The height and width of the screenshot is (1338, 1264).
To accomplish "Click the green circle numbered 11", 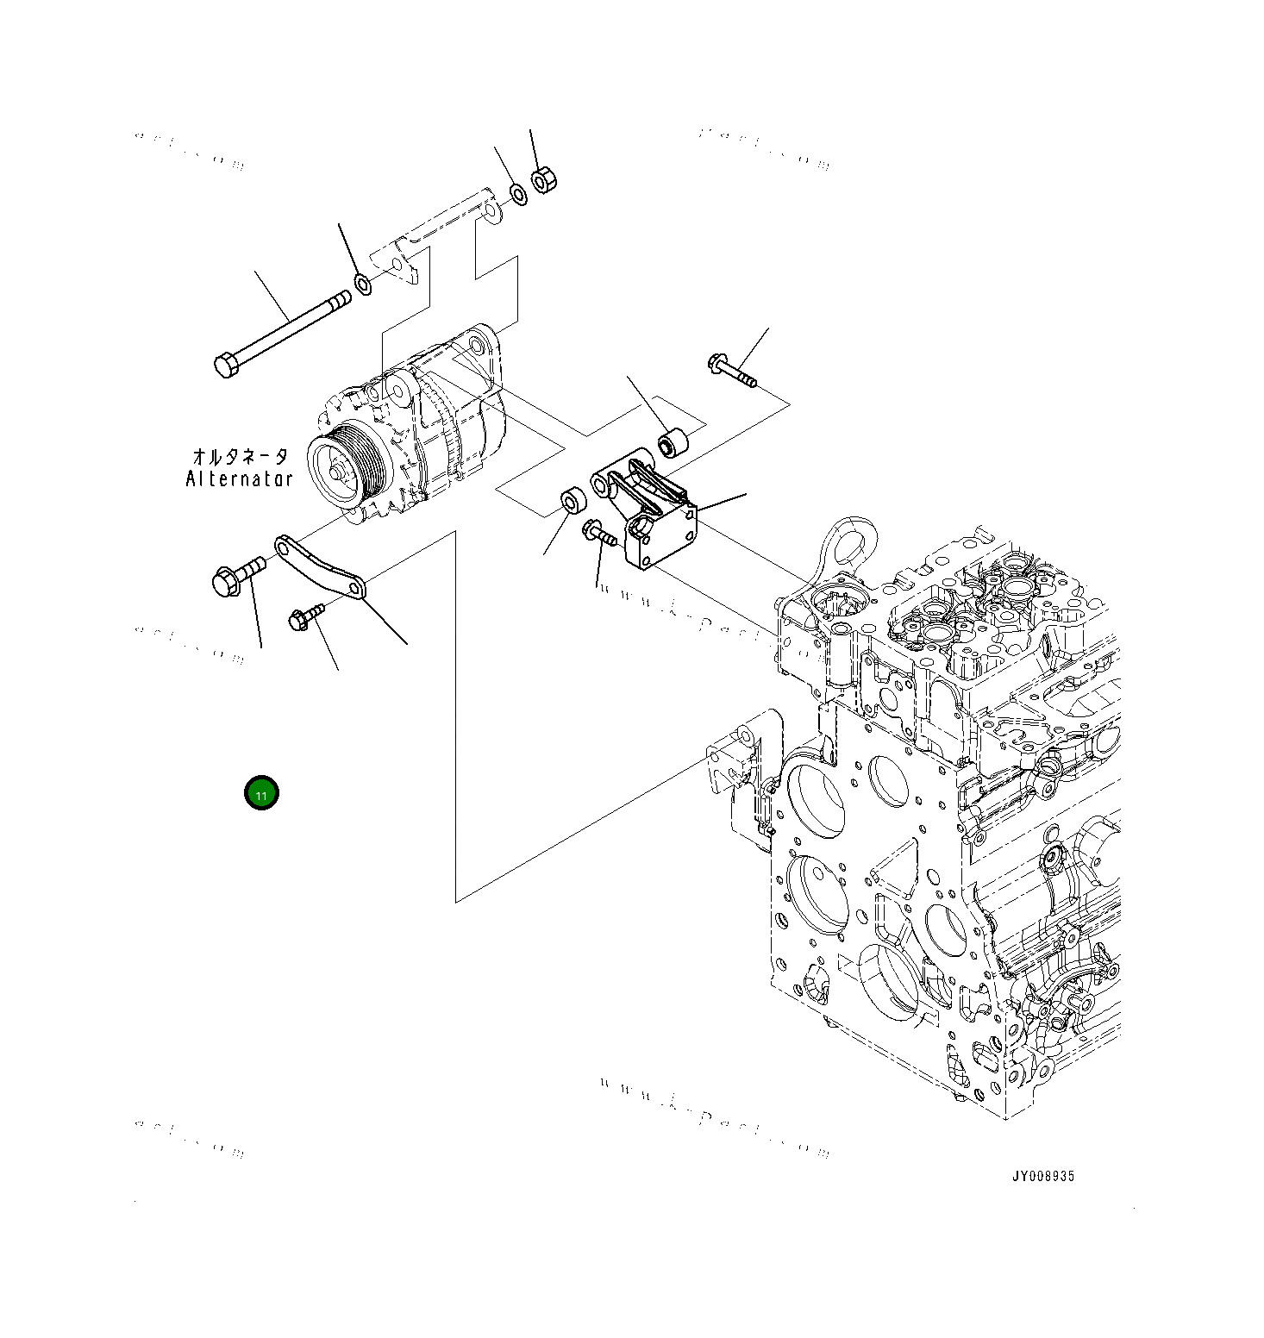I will [261, 793].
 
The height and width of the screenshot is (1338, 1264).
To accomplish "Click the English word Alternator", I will [239, 478].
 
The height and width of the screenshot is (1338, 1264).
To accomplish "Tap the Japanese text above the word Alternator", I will [239, 456].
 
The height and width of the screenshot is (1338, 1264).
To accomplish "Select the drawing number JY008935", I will [1043, 1176].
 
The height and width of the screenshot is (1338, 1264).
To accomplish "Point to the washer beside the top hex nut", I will [518, 194].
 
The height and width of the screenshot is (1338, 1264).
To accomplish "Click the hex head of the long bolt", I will [226, 366].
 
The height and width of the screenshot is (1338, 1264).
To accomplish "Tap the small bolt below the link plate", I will [301, 617].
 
